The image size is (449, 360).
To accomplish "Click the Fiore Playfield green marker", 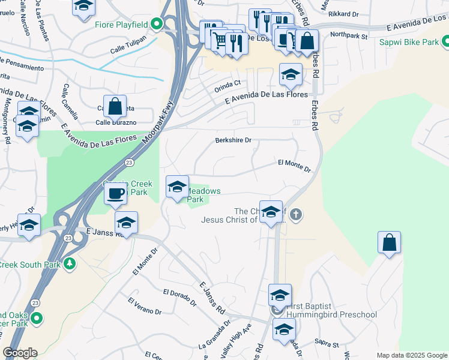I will (x=157, y=25).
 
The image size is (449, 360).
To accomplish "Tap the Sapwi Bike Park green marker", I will (x=445, y=42).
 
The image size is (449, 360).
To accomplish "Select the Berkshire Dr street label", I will (x=233, y=140).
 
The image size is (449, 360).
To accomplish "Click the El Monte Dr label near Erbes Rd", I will (x=294, y=166).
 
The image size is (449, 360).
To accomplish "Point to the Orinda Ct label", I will (x=227, y=87).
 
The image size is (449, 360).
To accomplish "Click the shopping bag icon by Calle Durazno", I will (x=115, y=107).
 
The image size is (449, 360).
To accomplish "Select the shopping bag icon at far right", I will (x=389, y=242).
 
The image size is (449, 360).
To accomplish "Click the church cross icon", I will (x=296, y=214).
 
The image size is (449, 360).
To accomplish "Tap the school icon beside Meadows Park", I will (x=177, y=187).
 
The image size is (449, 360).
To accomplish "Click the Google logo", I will (x=20, y=353).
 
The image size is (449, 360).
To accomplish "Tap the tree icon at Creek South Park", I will (x=70, y=263).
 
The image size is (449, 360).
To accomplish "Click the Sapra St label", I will (x=327, y=343).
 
